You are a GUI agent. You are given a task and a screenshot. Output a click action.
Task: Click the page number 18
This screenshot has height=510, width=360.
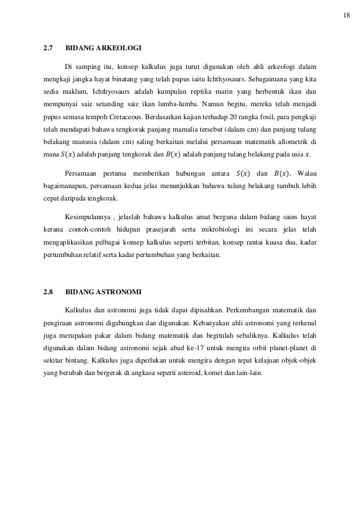[x=346, y=15]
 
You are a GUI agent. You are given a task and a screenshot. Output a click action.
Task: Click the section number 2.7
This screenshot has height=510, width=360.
[x=49, y=49]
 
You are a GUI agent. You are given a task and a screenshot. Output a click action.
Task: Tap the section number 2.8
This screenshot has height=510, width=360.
[x=49, y=293]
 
